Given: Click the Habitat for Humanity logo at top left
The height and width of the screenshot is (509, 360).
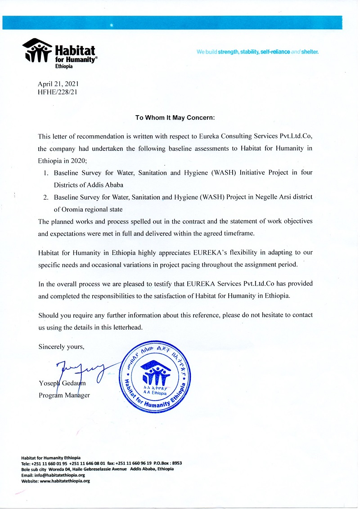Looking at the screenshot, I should click(59, 53).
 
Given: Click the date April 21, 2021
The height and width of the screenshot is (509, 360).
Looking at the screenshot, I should click(58, 84).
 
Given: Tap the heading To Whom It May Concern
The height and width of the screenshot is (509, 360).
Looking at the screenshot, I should click(175, 117).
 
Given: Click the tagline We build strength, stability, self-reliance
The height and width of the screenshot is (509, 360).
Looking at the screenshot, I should click(257, 52).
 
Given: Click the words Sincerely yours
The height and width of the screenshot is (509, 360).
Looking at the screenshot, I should click(61, 347).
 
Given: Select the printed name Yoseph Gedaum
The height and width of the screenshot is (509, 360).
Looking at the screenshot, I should click(62, 383).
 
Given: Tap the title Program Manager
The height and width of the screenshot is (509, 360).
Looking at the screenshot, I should click(64, 395).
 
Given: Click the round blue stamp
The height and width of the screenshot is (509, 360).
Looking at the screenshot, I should click(156, 375).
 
